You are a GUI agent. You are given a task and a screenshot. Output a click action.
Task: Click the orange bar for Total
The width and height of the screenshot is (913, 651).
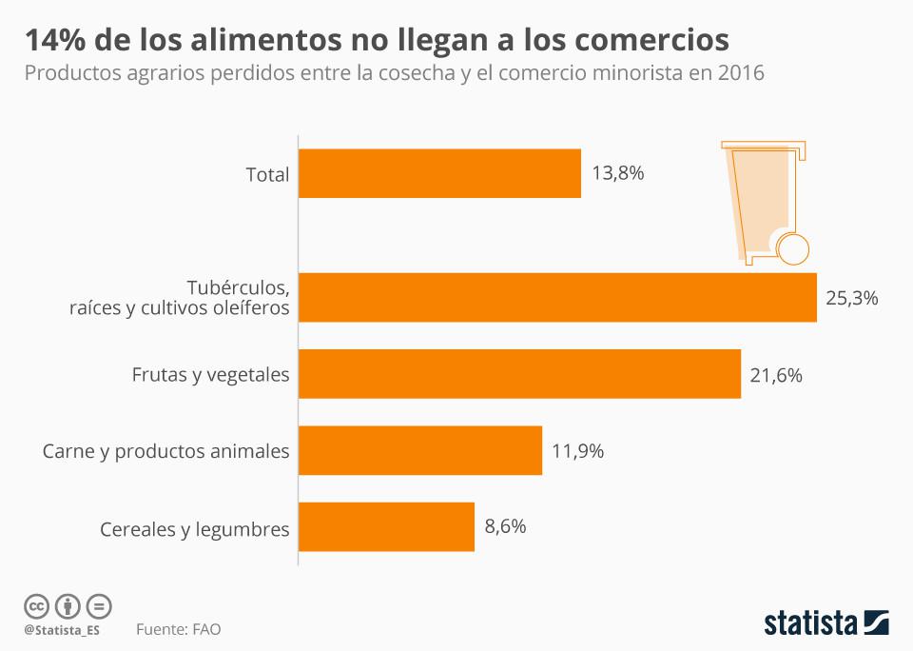point(439,173)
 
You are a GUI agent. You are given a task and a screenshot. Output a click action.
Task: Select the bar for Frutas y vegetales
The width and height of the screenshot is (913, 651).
point(519,374)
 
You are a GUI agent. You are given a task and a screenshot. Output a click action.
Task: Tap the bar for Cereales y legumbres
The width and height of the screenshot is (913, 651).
point(386,526)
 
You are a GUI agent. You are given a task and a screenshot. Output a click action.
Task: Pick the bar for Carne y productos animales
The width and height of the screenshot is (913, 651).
point(419,450)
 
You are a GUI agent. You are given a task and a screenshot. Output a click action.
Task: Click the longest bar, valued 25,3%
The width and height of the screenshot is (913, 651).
point(557,297)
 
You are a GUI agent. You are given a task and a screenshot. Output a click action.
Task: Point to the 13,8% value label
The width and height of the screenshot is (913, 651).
point(618,173)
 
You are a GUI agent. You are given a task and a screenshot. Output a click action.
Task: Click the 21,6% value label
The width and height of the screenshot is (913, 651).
point(776,375)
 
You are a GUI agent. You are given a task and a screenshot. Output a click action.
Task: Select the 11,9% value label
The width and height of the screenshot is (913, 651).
point(577,451)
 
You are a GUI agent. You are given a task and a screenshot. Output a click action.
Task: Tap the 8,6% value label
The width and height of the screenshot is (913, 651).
point(505,526)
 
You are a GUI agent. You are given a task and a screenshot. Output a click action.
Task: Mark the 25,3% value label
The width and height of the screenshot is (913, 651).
point(851,298)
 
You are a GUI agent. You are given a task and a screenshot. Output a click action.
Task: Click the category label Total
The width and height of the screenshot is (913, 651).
point(267,174)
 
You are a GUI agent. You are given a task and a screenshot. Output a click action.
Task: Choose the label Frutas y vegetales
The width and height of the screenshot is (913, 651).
point(210,375)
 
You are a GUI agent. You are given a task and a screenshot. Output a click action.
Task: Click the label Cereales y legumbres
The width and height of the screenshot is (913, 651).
point(195,529)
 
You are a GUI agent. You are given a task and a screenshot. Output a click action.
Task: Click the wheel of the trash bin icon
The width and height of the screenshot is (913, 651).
point(793,249)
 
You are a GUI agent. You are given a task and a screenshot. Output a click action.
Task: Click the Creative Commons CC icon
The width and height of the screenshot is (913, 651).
point(36,605)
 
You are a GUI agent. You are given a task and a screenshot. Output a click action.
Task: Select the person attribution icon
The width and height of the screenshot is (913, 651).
point(68,605)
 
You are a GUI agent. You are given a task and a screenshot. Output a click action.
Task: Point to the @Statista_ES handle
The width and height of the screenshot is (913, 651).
point(62,630)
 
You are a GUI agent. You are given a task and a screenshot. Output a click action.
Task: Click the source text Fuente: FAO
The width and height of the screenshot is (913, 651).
point(179,630)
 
